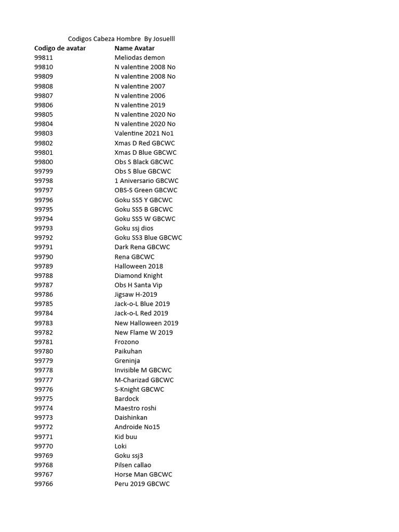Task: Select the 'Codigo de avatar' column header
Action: point(60,48)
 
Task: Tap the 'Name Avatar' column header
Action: point(135,48)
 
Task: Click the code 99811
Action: point(44,58)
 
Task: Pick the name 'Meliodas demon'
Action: point(140,58)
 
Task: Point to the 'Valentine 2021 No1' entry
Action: point(144,134)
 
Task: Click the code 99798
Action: point(44,181)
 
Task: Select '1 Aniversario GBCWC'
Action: point(147,181)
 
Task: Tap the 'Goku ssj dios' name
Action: point(134,228)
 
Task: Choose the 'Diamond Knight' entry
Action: point(139,275)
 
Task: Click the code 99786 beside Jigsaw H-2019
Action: point(44,295)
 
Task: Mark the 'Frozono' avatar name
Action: point(127,342)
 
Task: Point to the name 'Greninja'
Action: point(127,361)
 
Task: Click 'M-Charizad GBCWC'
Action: point(144,380)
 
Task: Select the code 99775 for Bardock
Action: point(44,398)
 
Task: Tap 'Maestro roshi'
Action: point(136,408)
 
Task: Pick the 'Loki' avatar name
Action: point(121,446)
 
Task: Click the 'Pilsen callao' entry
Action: point(133,465)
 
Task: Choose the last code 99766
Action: point(44,484)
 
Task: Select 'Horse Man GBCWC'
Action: point(143,474)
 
